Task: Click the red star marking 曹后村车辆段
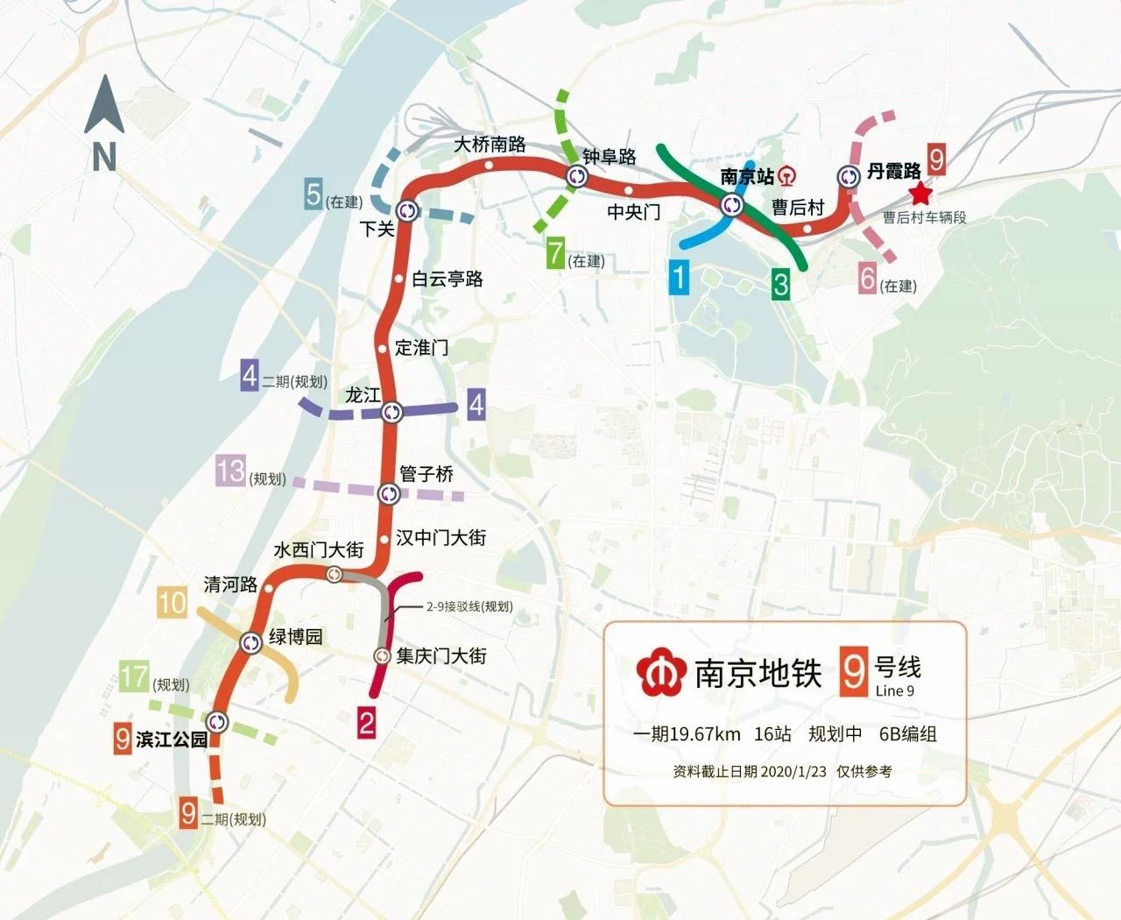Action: point(920,194)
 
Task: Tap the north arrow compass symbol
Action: point(104,123)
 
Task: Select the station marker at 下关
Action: point(407,210)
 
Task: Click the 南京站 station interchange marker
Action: point(732,206)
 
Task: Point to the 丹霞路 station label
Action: point(894,171)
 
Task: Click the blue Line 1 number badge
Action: point(679,278)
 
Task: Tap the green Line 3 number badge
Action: point(779,283)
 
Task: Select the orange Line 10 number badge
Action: point(173,602)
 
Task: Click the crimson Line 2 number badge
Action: point(366,723)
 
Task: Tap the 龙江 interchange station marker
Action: point(391,411)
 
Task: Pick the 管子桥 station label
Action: point(427,474)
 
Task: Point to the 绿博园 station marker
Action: point(251,642)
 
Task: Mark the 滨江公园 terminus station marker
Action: point(217,722)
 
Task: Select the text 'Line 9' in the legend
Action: point(894,691)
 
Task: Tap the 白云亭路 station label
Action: point(447,279)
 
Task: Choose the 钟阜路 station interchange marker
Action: point(577,177)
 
